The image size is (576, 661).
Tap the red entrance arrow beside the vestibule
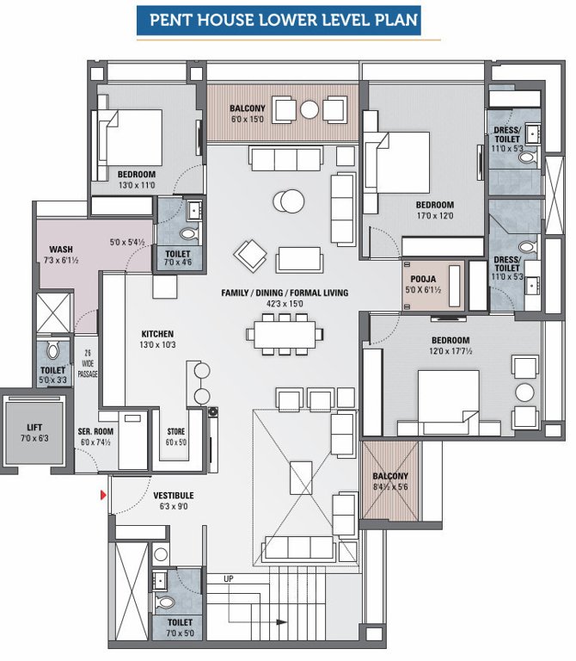click(x=104, y=495)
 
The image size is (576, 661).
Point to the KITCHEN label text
click(x=157, y=334)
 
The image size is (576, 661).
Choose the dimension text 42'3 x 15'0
click(x=285, y=305)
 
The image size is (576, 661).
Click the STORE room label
click(x=175, y=433)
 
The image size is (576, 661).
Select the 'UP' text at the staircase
click(x=229, y=578)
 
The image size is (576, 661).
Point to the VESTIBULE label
click(x=173, y=496)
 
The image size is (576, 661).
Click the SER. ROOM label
click(x=95, y=432)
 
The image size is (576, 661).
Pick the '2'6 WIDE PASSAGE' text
click(x=88, y=363)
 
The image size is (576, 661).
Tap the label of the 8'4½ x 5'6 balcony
click(x=390, y=476)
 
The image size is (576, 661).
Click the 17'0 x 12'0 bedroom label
click(x=434, y=205)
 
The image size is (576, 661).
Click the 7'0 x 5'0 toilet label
click(x=181, y=622)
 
